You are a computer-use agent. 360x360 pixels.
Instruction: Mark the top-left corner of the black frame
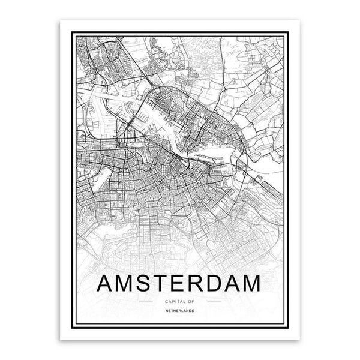point(70,34)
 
